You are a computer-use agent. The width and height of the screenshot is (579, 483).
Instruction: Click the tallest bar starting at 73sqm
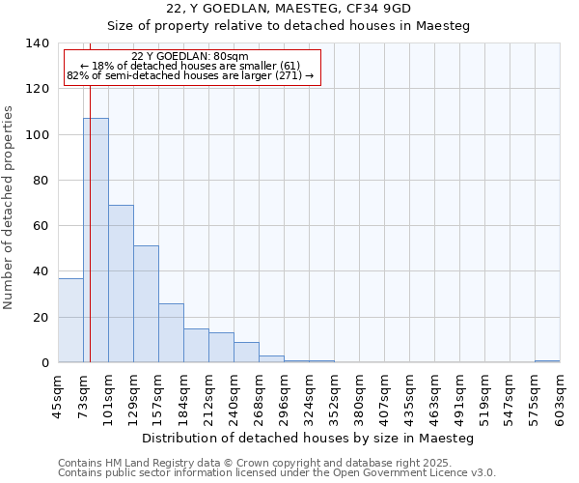(96, 241)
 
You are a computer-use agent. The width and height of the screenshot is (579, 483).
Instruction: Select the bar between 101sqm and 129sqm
(121, 284)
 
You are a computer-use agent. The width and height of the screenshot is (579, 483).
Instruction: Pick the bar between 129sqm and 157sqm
(146, 304)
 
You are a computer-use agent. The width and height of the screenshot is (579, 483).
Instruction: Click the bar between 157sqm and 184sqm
(171, 333)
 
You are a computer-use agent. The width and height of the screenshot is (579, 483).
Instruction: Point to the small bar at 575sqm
(547, 361)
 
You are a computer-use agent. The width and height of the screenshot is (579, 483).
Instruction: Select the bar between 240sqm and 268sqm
(246, 353)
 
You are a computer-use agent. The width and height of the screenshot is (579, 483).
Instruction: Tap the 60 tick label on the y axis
(41, 226)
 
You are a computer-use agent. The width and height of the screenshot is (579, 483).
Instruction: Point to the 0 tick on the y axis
(44, 363)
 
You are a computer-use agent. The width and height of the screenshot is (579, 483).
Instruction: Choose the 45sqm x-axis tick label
(58, 395)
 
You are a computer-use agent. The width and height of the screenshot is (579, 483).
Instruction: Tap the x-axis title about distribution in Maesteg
(308, 439)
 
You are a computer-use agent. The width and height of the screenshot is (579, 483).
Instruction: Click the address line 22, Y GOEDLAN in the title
(289, 9)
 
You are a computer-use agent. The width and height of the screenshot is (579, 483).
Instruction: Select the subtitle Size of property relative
(289, 26)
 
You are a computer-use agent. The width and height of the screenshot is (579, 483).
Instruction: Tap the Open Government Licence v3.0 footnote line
(277, 473)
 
